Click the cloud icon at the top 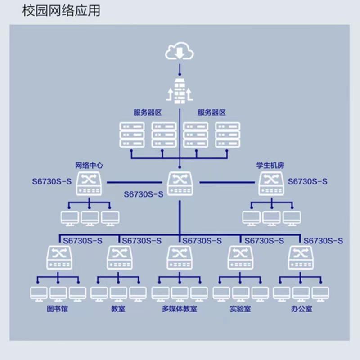pos(180,52)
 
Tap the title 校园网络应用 pos(61,11)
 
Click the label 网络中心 pos(89,166)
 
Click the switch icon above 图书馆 pos(58,258)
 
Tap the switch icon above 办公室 pos(301,258)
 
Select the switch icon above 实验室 pos(240,258)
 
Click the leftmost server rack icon pos(132,135)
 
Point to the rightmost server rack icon pos(227,135)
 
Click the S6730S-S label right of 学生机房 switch pos(308,182)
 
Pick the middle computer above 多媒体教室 pos(180,293)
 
